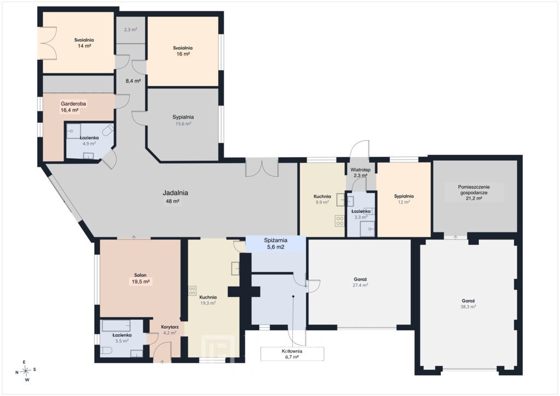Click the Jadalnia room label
coord(176,193)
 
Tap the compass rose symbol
coord(25,371)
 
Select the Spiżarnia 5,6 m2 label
coord(276,243)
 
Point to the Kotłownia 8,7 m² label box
coord(292,353)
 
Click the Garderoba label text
coord(73,104)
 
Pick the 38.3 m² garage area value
coord(468,307)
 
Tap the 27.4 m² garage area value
coord(360,286)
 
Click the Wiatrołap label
coord(360,170)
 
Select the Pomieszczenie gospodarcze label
coord(474,190)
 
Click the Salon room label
coord(141,275)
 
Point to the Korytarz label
coord(170,327)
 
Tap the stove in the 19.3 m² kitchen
coord(192,290)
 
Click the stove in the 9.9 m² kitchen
coord(339,221)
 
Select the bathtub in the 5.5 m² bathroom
coord(116,325)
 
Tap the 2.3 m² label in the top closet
coord(131,30)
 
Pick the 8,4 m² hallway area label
coord(133,81)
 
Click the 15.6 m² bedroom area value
coord(183,124)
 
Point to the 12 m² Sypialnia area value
coord(404,202)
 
